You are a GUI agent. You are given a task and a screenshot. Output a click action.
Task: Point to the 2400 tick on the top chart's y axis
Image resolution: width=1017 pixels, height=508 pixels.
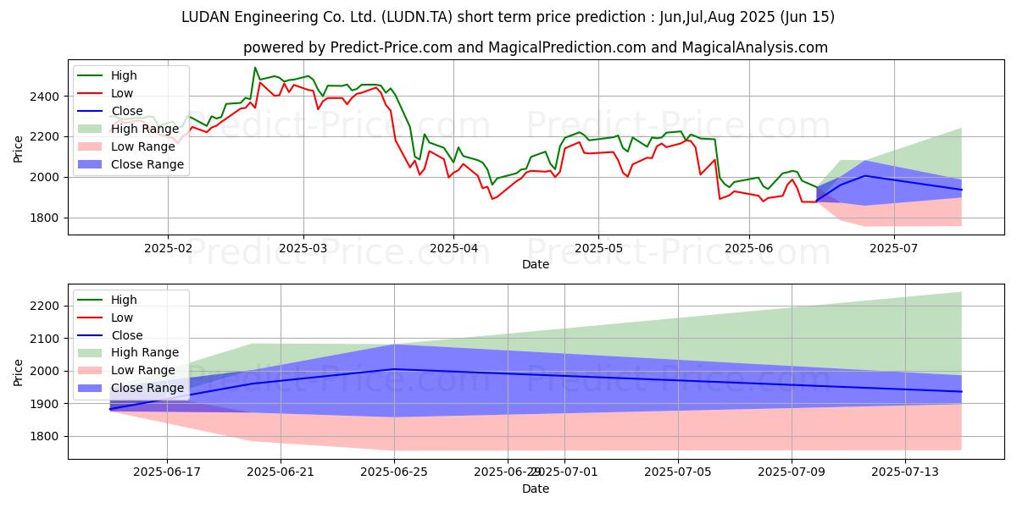pyautogui.click(x=44, y=97)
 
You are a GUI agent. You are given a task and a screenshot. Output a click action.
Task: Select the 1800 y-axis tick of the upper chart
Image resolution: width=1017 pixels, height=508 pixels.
pyautogui.click(x=44, y=218)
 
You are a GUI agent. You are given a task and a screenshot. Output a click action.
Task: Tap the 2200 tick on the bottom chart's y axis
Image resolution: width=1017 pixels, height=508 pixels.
pyautogui.click(x=44, y=306)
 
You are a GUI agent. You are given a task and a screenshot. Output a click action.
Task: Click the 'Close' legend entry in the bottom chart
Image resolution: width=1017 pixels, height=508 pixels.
pyautogui.click(x=127, y=335)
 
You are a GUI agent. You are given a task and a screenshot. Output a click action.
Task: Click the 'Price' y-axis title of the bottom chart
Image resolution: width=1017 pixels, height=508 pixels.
pyautogui.click(x=19, y=372)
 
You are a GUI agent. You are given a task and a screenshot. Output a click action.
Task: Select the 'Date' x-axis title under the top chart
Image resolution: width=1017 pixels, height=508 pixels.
pyautogui.click(x=535, y=265)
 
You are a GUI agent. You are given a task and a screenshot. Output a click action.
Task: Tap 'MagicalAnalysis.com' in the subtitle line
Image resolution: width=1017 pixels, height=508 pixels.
pyautogui.click(x=755, y=47)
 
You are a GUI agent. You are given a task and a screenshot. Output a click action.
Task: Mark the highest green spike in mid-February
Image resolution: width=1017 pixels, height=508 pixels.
pyautogui.click(x=255, y=68)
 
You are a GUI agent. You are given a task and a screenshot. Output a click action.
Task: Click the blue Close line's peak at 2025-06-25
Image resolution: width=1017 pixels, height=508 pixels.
pyautogui.click(x=394, y=368)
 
